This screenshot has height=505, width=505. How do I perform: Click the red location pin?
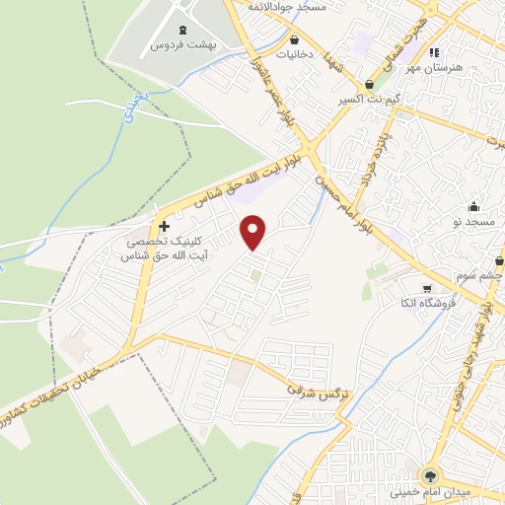254,233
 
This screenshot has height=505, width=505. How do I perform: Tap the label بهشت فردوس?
183,45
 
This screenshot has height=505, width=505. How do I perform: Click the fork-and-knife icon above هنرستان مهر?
434,53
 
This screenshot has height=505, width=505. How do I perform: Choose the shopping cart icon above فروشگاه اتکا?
427,289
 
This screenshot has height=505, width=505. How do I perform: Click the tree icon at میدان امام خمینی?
431,473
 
